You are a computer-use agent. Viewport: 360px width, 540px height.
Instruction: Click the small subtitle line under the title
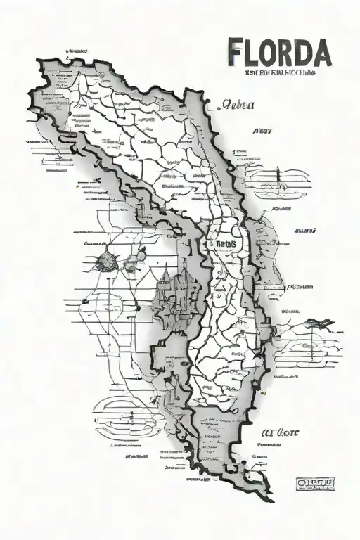(x=279, y=71)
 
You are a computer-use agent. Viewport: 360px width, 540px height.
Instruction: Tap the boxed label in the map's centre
(x=221, y=243)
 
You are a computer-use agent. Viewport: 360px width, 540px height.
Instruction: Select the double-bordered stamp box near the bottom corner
(x=314, y=482)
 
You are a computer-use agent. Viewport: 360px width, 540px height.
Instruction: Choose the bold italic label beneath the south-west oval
(x=136, y=456)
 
